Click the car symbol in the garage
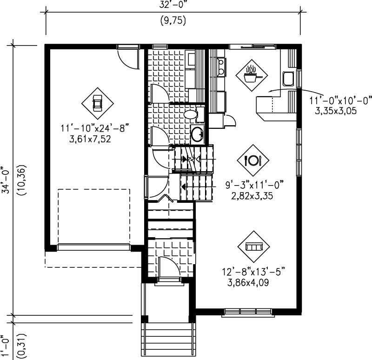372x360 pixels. coord(97,103)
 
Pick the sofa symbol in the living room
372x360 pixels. coord(253,246)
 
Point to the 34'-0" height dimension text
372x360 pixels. coord(6,180)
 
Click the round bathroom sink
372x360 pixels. coord(197,134)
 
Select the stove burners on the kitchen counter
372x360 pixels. coord(221,66)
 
